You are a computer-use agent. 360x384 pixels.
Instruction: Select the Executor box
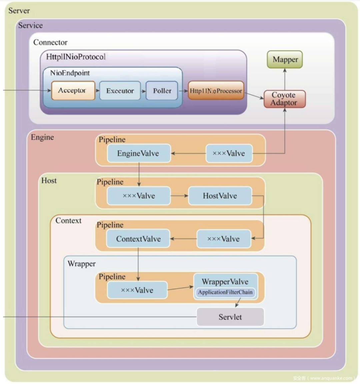[x=120, y=91]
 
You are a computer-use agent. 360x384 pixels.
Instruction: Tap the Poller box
[x=162, y=91]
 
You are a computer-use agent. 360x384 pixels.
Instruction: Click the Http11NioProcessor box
[x=216, y=91]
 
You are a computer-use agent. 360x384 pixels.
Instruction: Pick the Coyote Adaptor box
[x=284, y=99]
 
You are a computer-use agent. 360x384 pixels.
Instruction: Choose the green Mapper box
[x=285, y=60]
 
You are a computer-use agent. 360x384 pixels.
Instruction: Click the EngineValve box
[x=138, y=153]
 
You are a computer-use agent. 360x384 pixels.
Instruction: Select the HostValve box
[x=220, y=196]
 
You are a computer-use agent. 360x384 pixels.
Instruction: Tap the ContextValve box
[x=138, y=239]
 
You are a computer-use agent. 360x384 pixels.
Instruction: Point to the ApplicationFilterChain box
[x=225, y=293]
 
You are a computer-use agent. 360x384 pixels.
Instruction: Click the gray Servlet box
[x=230, y=317]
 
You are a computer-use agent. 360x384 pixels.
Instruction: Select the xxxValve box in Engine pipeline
[x=229, y=153]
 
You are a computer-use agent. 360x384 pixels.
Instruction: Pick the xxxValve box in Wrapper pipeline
[x=137, y=290]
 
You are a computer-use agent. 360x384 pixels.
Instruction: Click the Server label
[x=19, y=11]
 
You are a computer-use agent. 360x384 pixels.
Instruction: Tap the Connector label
[x=50, y=42]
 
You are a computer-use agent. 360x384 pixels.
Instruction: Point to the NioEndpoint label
[x=70, y=73]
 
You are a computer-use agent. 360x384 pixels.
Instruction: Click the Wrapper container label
[x=82, y=264]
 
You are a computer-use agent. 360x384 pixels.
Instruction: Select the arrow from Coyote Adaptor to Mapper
[x=285, y=79]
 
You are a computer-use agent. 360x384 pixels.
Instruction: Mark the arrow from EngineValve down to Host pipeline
[x=139, y=174]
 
